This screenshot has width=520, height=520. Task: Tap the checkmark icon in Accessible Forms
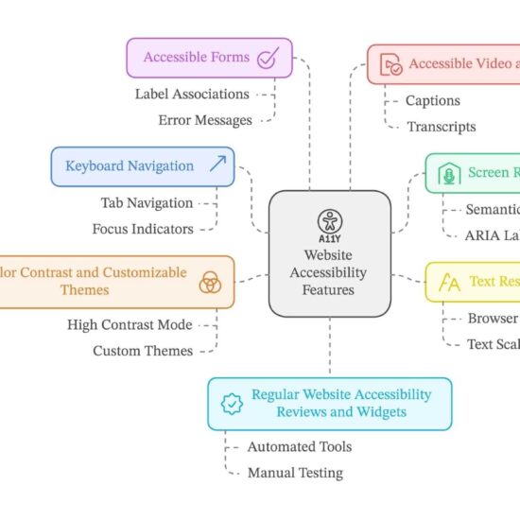point(268,59)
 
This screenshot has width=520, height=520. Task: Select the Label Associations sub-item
point(192,95)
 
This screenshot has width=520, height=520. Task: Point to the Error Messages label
point(205,120)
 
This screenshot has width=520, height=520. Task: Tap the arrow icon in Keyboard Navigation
point(217,166)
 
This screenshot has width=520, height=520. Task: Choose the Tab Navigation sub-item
point(147,202)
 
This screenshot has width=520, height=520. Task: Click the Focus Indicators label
point(142,229)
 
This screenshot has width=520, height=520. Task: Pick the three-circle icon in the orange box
point(210,282)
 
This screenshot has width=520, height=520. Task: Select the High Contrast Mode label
point(130,324)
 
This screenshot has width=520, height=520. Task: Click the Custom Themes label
point(142,351)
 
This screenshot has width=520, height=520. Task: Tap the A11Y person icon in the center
point(330,222)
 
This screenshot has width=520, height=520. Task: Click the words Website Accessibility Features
point(328,273)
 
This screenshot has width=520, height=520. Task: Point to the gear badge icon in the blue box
point(231,404)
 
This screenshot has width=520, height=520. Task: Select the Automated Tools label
point(299,446)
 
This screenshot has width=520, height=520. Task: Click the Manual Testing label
point(295,473)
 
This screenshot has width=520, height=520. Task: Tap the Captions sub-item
point(432,100)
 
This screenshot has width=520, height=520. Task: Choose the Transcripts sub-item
point(441,127)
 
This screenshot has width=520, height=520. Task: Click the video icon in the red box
point(390,65)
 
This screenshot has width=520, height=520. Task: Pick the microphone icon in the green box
point(448,174)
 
